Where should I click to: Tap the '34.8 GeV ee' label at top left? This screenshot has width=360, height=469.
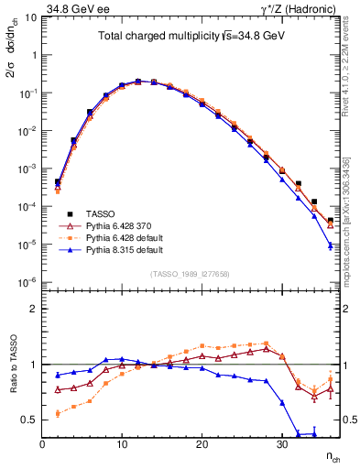(80, 8)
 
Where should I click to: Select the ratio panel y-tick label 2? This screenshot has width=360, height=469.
(33, 309)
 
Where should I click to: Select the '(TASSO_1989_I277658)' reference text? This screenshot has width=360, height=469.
(191, 274)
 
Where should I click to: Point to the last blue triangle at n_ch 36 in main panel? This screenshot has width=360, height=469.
(330, 245)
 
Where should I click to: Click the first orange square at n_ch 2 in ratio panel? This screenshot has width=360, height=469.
(58, 413)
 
